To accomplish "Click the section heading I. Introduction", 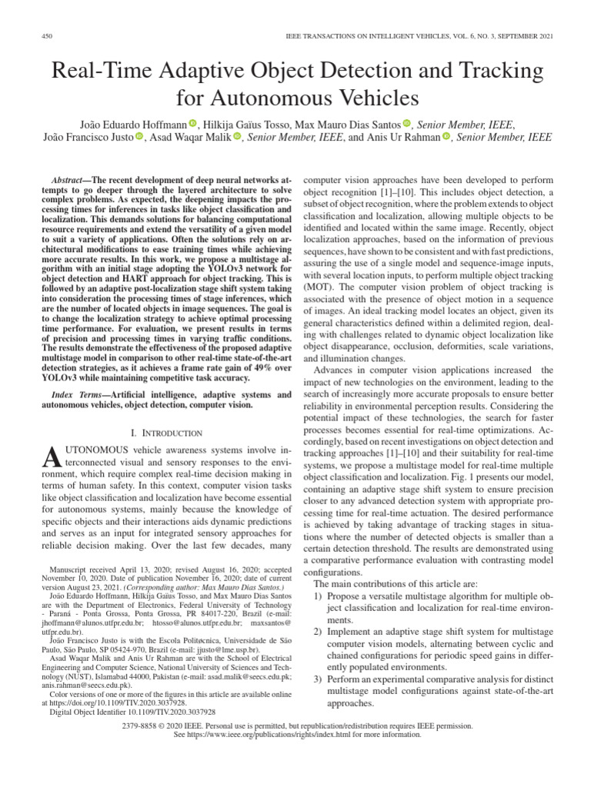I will click(157, 433).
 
